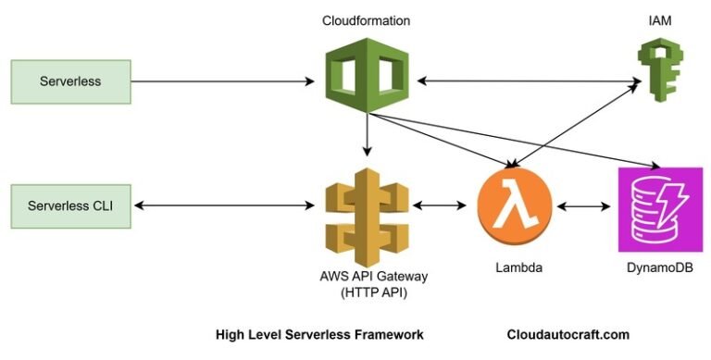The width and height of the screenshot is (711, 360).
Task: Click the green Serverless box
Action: click(70, 81)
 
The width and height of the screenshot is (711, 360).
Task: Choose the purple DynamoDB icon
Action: click(655, 208)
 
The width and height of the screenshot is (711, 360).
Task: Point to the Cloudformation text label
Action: click(367, 20)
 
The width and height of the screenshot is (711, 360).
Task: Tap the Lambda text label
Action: click(513, 267)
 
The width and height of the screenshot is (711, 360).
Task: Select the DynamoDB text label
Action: click(655, 267)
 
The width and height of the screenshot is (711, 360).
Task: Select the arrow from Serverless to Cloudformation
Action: click(222, 82)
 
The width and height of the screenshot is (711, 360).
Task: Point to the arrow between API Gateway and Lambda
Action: click(441, 203)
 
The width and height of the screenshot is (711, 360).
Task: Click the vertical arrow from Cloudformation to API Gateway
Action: click(368, 134)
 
